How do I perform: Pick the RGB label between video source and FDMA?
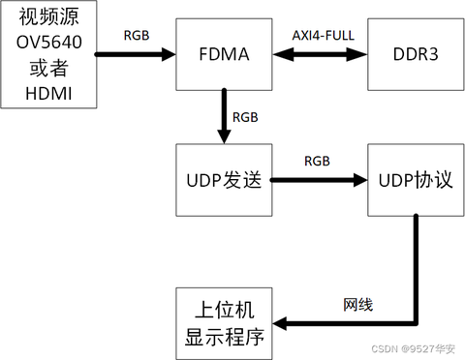tap(137, 36)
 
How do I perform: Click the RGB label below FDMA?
tap(245, 117)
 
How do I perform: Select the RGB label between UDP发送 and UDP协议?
tap(317, 160)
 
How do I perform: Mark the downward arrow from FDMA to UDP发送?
tap(223, 114)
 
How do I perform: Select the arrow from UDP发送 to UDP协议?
tap(316, 180)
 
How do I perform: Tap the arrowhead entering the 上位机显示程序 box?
tap(281, 323)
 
